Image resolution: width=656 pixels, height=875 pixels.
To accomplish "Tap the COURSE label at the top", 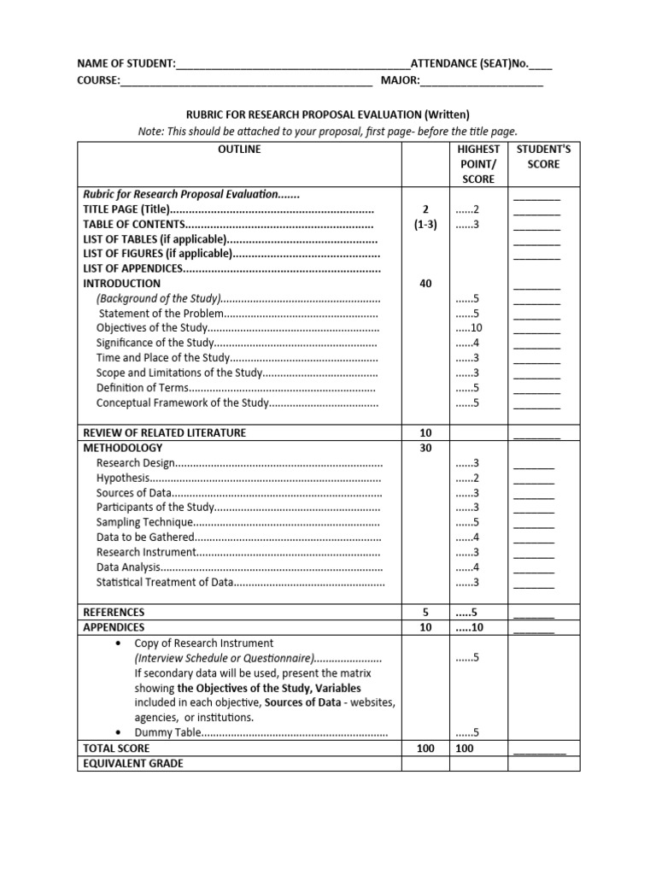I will click(x=97, y=81).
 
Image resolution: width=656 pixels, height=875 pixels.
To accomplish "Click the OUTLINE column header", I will click(x=240, y=150).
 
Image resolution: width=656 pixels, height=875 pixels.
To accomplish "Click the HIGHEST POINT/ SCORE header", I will click(x=478, y=164).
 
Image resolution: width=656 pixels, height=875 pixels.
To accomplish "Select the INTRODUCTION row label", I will click(x=121, y=284).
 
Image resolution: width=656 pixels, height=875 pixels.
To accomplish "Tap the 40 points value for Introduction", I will click(x=425, y=284).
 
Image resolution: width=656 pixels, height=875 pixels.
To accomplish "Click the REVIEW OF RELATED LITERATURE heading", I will click(x=164, y=432).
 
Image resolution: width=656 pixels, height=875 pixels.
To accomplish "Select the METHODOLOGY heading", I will click(x=122, y=448).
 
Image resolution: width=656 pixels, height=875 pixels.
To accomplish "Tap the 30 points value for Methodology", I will click(x=425, y=448).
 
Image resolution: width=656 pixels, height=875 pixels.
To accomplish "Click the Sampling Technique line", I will click(x=142, y=522).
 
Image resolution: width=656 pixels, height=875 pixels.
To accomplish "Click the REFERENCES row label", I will click(x=114, y=613).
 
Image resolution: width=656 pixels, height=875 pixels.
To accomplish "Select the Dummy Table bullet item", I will click(x=168, y=733).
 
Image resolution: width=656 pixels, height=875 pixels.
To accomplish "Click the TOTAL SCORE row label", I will click(x=116, y=749).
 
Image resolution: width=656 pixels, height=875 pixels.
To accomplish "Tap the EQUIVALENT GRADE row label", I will click(x=132, y=764).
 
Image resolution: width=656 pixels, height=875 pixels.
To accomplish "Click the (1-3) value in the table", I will click(x=425, y=225).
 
